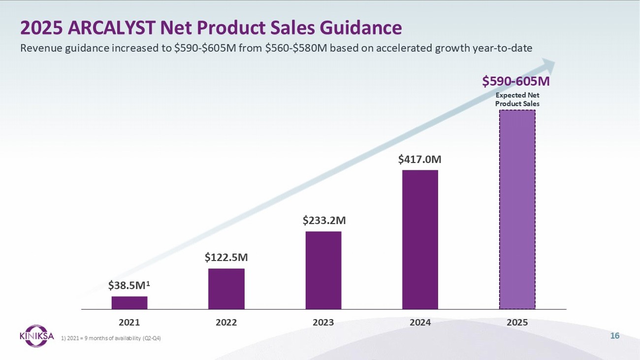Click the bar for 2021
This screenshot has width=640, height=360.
pos(129,302)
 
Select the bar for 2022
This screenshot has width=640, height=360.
pos(226,289)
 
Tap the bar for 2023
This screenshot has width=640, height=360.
pos(323,270)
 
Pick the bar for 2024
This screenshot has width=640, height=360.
pos(420,239)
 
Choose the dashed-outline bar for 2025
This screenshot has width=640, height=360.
pos(517,209)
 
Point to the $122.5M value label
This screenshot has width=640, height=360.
pos(226,257)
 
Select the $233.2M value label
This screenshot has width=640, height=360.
pos(323,220)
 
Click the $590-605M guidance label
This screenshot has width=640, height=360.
pos(516,81)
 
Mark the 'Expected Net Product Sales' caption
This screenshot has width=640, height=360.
pos(517,99)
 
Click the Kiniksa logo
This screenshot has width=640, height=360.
pos(37,335)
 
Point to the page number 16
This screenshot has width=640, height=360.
pos(614,336)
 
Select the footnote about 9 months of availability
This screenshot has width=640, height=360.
pos(111,338)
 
